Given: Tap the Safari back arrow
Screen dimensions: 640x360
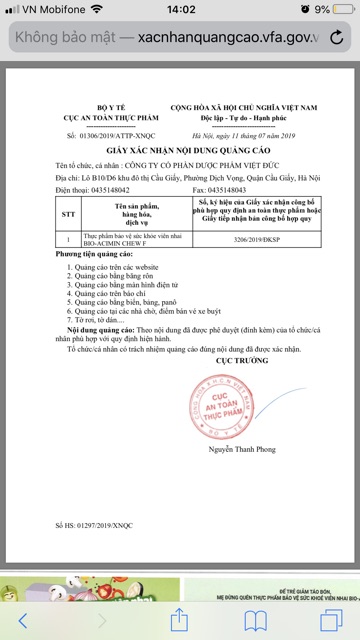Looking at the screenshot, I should pyautogui.click(x=23, y=620).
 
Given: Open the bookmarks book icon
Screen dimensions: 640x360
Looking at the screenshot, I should pyautogui.click(x=257, y=622).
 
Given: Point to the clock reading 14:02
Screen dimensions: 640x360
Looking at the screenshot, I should pyautogui.click(x=180, y=9).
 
